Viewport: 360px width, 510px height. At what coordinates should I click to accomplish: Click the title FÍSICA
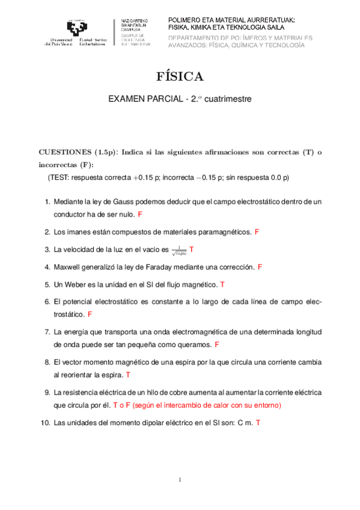(180, 76)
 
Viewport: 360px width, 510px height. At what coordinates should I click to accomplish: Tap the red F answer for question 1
(139, 215)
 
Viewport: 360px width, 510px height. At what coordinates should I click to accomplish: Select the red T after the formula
(191, 249)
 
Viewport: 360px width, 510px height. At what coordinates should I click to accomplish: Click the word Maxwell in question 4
(67, 266)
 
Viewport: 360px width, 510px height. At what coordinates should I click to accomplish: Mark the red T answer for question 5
(222, 284)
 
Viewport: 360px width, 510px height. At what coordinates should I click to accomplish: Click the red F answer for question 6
(90, 314)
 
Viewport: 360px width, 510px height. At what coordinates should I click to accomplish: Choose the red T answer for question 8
(128, 375)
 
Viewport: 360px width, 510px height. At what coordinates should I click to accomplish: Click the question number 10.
(45, 423)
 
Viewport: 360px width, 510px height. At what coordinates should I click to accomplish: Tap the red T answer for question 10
(258, 423)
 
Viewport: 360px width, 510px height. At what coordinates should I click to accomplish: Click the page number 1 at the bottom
(180, 479)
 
